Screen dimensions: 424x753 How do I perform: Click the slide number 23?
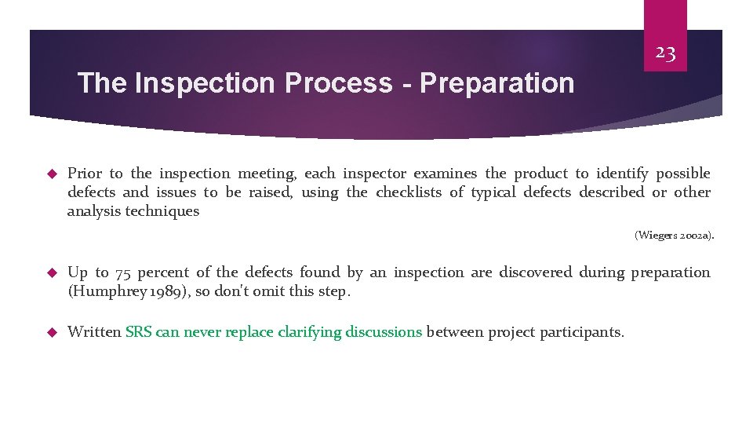pos(665,53)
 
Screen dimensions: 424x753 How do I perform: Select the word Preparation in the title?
pos(497,83)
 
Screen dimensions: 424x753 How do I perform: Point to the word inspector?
pos(374,174)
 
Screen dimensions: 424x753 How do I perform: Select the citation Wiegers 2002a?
pos(674,235)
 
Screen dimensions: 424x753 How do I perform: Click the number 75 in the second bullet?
pos(123,273)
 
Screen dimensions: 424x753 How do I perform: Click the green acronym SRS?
pos(139,332)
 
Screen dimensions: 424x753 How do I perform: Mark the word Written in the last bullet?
pos(94,332)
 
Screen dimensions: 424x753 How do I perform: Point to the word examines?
pos(446,174)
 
